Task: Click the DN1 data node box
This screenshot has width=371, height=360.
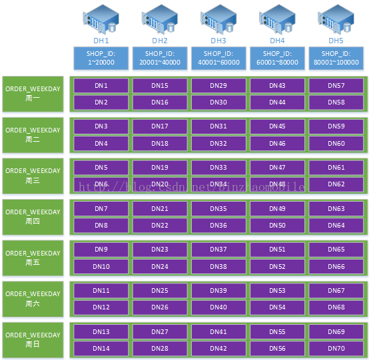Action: [x=101, y=86]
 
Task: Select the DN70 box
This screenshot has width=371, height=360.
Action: [x=336, y=349]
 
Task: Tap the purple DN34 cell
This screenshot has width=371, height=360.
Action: [x=218, y=184]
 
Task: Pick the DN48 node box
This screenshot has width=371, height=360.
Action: [x=277, y=184]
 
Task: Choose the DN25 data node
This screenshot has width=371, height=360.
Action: [x=160, y=291]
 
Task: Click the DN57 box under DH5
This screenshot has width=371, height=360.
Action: [x=336, y=86]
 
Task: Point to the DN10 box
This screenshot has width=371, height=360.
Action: [x=101, y=267]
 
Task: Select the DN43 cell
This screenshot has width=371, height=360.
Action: [x=277, y=86]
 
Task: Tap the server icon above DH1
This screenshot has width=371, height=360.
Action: [x=101, y=19]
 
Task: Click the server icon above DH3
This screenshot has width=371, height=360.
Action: [x=218, y=19]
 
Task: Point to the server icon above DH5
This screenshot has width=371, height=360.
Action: [x=336, y=19]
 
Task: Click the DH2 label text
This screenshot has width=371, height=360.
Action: [x=160, y=41]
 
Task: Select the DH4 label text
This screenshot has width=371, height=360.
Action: [x=277, y=41]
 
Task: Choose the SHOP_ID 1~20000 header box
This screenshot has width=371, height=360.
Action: [x=101, y=58]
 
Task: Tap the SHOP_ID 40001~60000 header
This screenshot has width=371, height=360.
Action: [x=218, y=58]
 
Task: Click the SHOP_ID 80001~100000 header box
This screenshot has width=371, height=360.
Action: [x=336, y=58]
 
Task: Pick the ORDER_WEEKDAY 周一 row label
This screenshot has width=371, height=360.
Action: [x=33, y=94]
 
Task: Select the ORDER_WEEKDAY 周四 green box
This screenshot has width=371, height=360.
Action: [x=33, y=217]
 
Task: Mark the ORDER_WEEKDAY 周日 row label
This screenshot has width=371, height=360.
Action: [x=33, y=340]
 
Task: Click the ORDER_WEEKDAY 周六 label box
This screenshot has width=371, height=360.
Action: [x=33, y=299]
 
